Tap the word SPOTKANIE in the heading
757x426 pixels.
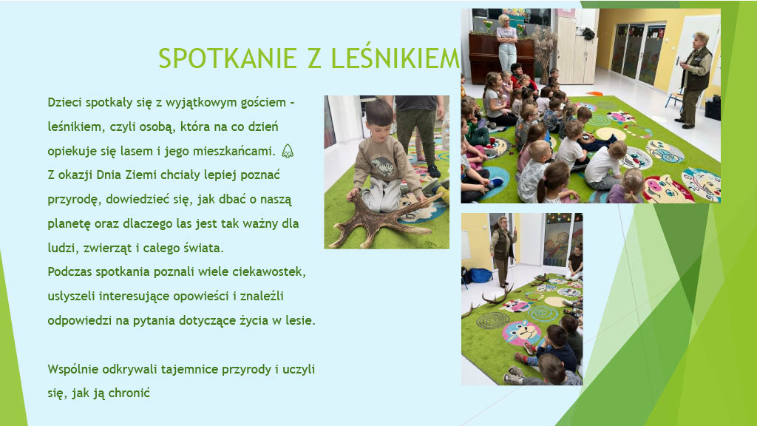click(x=228, y=58)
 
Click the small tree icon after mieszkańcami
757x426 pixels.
click(x=288, y=151)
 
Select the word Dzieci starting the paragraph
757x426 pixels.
click(x=65, y=102)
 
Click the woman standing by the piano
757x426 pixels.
click(x=506, y=42)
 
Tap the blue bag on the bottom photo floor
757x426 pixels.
click(x=480, y=275)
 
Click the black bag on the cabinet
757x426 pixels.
click(x=588, y=34)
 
